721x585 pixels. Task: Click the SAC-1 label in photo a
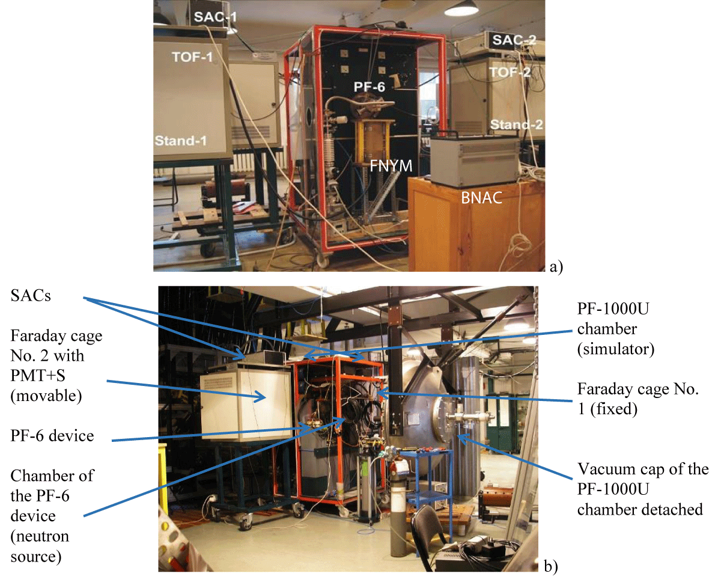(214, 17)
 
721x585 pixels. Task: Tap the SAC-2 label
(514, 41)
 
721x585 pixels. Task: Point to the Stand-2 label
(517, 125)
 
